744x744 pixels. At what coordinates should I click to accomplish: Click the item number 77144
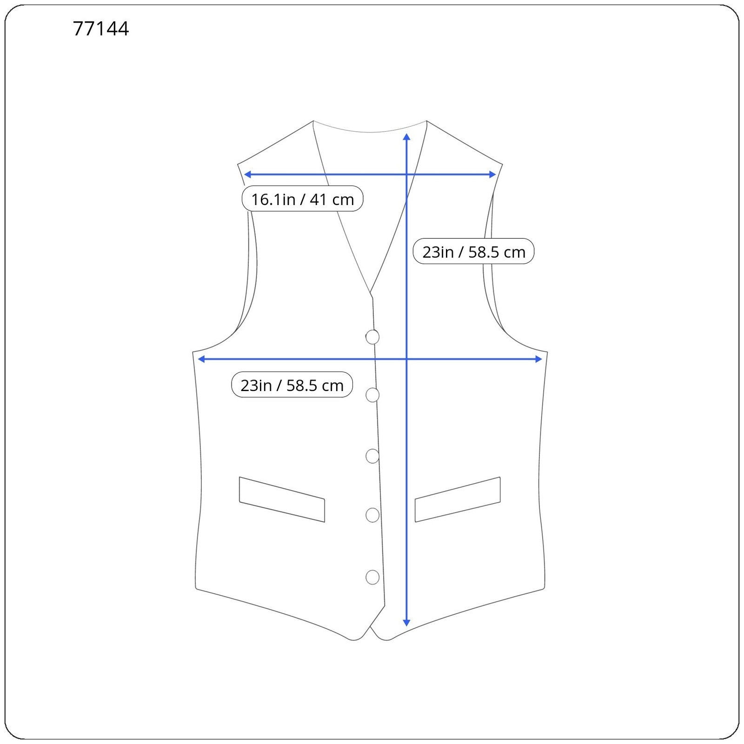[x=100, y=29]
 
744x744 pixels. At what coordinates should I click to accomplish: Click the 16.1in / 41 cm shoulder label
[x=302, y=199]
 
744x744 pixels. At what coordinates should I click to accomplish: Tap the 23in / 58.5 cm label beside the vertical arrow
[x=473, y=252]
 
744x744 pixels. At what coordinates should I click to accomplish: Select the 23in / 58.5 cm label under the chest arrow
[x=292, y=385]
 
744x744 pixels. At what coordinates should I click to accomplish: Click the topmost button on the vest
[x=372, y=337]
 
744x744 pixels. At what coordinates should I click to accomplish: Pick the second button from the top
[x=372, y=395]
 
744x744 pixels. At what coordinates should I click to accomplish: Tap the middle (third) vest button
[x=372, y=456]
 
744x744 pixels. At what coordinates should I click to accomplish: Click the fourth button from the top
[x=372, y=515]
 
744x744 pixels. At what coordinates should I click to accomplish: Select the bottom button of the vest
[x=372, y=578]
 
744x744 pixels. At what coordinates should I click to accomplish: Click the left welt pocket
[x=282, y=499]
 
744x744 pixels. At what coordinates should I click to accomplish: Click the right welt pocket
[x=458, y=499]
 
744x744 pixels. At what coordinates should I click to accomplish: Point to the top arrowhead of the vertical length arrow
[x=406, y=136]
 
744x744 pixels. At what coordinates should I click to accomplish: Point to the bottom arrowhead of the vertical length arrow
[x=406, y=623]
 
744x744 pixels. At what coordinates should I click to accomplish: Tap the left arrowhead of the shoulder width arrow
[x=247, y=174]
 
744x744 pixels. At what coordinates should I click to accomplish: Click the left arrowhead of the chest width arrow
[x=201, y=359]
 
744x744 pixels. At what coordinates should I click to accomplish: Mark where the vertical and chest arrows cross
[x=406, y=359]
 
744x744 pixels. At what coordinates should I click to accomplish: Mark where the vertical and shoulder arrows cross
[x=406, y=174]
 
